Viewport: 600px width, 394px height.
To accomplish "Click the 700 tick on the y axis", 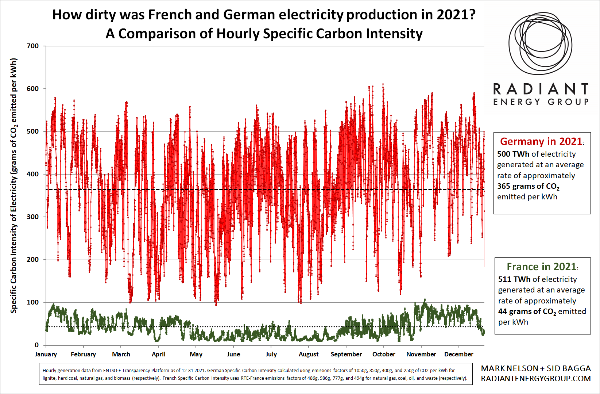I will [32, 46].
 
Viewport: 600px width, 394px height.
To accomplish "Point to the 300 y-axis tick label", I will [32, 217].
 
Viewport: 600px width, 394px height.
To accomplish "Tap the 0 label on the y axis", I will [36, 345].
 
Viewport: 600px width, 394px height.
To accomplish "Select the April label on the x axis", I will [159, 354].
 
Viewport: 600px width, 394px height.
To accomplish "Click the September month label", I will [346, 354].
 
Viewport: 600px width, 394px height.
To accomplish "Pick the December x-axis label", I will [458, 354].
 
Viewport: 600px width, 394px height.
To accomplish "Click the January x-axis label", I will [46, 354].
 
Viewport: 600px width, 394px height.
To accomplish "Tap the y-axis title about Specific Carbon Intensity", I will [14, 185].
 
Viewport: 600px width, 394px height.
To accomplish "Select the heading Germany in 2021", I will [541, 141].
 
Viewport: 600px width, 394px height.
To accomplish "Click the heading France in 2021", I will [542, 267].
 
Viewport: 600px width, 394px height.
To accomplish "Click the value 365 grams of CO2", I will [528, 187].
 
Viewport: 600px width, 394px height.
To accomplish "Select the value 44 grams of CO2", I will [527, 312].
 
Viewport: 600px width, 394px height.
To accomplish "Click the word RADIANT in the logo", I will [541, 89].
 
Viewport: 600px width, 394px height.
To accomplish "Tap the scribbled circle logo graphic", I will [540, 44].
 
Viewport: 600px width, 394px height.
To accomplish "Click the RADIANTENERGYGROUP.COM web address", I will [535, 379].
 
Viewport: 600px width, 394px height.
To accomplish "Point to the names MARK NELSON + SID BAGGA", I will [535, 368].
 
